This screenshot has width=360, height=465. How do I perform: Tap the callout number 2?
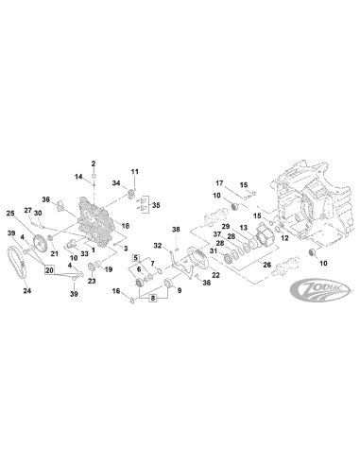tap(94, 164)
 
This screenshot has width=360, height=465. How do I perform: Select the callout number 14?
tap(79, 178)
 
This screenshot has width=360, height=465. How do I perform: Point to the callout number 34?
tap(116, 182)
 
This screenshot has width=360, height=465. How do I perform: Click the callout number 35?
tap(156, 204)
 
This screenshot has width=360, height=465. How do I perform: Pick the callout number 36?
tap(45, 198)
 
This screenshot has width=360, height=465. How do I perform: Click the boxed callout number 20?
tap(49, 270)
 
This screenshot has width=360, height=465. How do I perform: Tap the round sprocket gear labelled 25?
tap(38, 247)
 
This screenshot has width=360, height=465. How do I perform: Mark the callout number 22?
tap(215, 275)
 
